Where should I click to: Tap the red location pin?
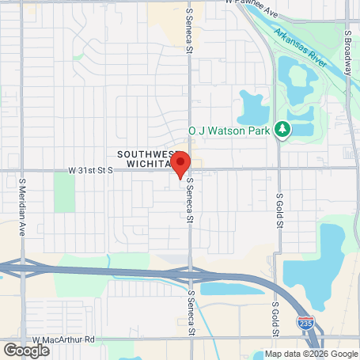[180, 162]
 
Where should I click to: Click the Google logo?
[26, 350]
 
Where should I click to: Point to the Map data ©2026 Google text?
[310, 354]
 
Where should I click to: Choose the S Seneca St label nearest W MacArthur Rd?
[190, 312]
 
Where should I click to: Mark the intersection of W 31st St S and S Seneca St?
[190, 169]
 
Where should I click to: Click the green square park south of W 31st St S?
[65, 192]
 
